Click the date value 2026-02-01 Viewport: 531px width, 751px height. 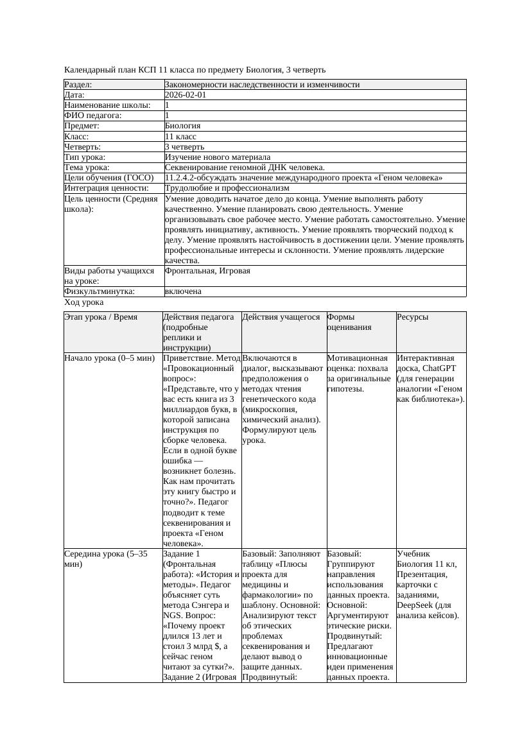pyautogui.click(x=186, y=95)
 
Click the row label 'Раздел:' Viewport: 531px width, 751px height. pyautogui.click(x=78, y=85)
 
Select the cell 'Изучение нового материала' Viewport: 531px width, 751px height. pyautogui.click(x=218, y=157)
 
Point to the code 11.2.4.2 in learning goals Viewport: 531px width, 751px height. pyautogui.click(x=182, y=178)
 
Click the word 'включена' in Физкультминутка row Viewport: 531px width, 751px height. pyautogui.click(x=183, y=291)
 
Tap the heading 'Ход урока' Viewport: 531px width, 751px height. pyautogui.click(x=84, y=302)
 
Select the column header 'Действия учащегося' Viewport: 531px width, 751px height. pyautogui.click(x=281, y=317)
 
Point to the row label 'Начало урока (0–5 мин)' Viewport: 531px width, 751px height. pyautogui.click(x=106, y=358)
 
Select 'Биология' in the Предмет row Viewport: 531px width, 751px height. pyautogui.click(x=183, y=126)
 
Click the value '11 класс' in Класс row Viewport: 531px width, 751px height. pyautogui.click(x=180, y=137)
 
